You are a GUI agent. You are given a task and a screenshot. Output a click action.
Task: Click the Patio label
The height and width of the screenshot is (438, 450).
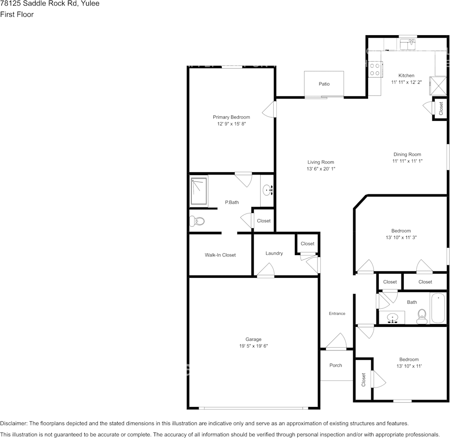(x=324, y=84)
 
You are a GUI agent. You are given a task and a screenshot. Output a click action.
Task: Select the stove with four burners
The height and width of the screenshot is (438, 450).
(x=375, y=69)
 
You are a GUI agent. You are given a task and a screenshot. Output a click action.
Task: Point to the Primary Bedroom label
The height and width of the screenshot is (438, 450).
(x=231, y=117)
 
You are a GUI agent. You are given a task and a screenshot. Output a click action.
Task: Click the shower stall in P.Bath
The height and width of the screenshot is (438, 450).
(x=199, y=191)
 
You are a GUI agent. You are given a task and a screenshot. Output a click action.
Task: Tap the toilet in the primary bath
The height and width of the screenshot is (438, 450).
(x=196, y=221)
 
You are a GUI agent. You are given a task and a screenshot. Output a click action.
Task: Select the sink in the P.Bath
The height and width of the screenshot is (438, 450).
(x=268, y=190)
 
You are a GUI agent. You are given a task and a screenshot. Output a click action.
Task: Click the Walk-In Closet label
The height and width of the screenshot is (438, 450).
(x=220, y=255)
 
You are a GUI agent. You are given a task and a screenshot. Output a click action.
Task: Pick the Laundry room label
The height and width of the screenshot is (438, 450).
(x=274, y=253)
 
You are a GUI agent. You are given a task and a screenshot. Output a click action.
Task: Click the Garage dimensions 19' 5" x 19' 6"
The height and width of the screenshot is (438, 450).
(x=253, y=346)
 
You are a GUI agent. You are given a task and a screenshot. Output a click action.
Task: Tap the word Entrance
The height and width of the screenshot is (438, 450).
(x=337, y=313)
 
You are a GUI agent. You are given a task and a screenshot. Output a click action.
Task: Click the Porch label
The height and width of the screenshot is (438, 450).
(x=336, y=365)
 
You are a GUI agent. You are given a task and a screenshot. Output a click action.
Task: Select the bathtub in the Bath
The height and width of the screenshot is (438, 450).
(x=438, y=308)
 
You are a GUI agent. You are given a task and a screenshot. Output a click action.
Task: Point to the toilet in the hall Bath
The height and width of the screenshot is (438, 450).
(x=422, y=317)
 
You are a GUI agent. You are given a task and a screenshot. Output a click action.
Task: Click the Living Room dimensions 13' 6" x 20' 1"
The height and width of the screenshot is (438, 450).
(x=321, y=169)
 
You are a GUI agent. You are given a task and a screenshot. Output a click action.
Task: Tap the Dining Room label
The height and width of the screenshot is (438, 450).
(x=407, y=155)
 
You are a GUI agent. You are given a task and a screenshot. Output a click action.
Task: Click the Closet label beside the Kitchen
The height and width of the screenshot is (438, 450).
(x=441, y=108)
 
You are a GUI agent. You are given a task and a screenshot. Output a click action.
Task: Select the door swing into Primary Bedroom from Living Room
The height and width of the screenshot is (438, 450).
(x=269, y=109)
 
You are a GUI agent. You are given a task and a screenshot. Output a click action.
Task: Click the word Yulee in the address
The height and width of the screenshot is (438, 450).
(x=91, y=3)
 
